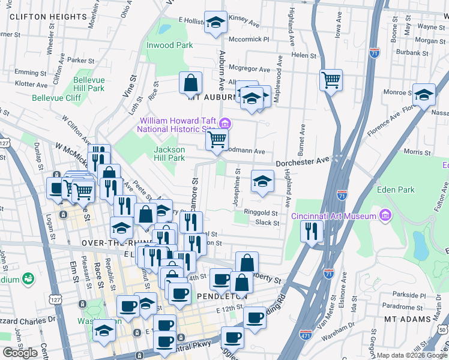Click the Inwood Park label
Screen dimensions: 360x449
pos(169,45)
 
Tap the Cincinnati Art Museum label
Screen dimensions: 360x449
pos(334,216)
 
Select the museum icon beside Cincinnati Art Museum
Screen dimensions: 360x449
pos(385,215)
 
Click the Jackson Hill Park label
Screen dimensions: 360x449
pos(169,154)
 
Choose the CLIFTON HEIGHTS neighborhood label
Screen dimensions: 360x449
pos(37,17)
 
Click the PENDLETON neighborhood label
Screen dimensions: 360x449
pos(220,296)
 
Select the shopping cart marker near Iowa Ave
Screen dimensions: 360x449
pos(331,80)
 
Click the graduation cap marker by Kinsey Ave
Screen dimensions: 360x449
pos(215,22)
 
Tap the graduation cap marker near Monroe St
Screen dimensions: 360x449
pos(424,94)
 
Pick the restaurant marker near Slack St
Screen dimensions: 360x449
pos(311,230)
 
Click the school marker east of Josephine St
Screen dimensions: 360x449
pos(262,181)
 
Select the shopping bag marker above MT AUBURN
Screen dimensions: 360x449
pos(190,82)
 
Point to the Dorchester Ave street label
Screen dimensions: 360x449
pos(303,161)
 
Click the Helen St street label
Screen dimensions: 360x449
pos(304,55)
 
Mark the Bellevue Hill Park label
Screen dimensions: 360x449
pos(89,84)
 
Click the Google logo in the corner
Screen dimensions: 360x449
pos(20,352)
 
